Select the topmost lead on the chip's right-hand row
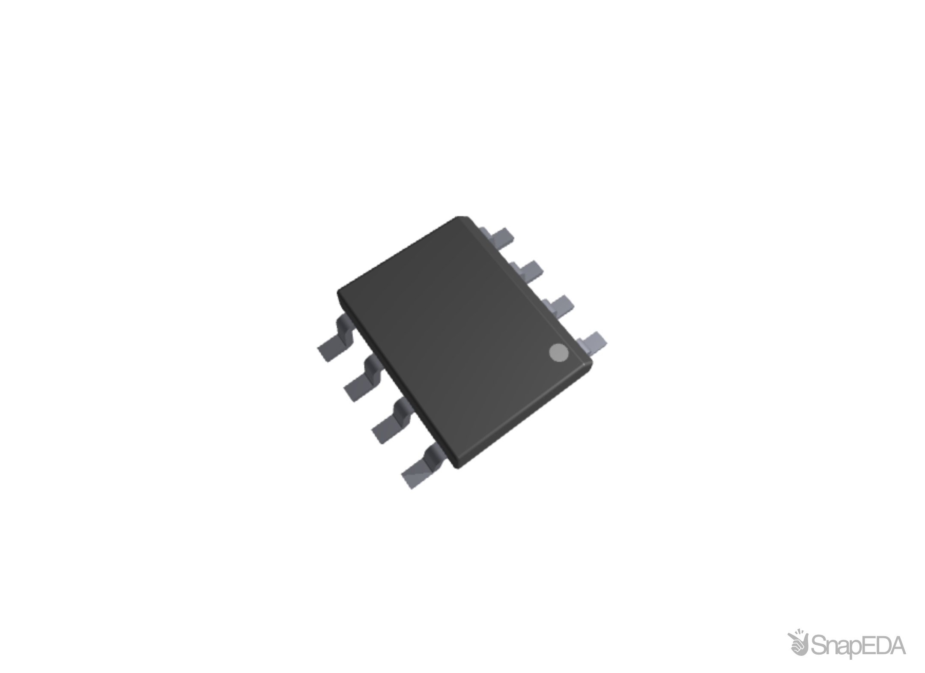(x=499, y=236)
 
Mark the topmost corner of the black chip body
(x=462, y=217)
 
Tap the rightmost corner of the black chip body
(x=593, y=360)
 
